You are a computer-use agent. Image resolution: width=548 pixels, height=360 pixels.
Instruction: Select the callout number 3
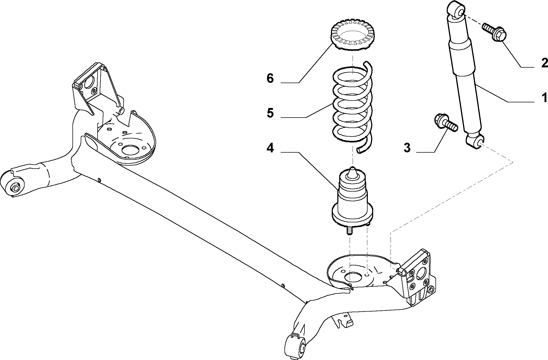tap(407, 148)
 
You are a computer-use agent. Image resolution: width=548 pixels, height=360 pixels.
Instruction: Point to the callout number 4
tap(270, 148)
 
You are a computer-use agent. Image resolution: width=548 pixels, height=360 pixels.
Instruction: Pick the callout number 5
tap(270, 113)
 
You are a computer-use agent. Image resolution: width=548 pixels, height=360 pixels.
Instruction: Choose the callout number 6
tap(270, 79)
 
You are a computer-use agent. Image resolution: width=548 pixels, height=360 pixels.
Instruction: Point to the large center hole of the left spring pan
tap(130, 150)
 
